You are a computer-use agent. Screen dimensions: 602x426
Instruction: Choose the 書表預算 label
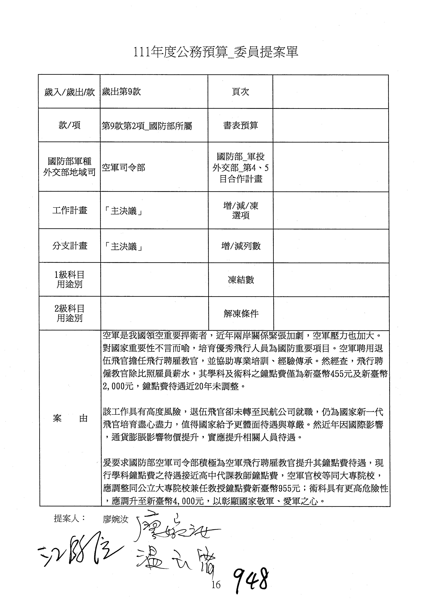pos(240,126)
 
